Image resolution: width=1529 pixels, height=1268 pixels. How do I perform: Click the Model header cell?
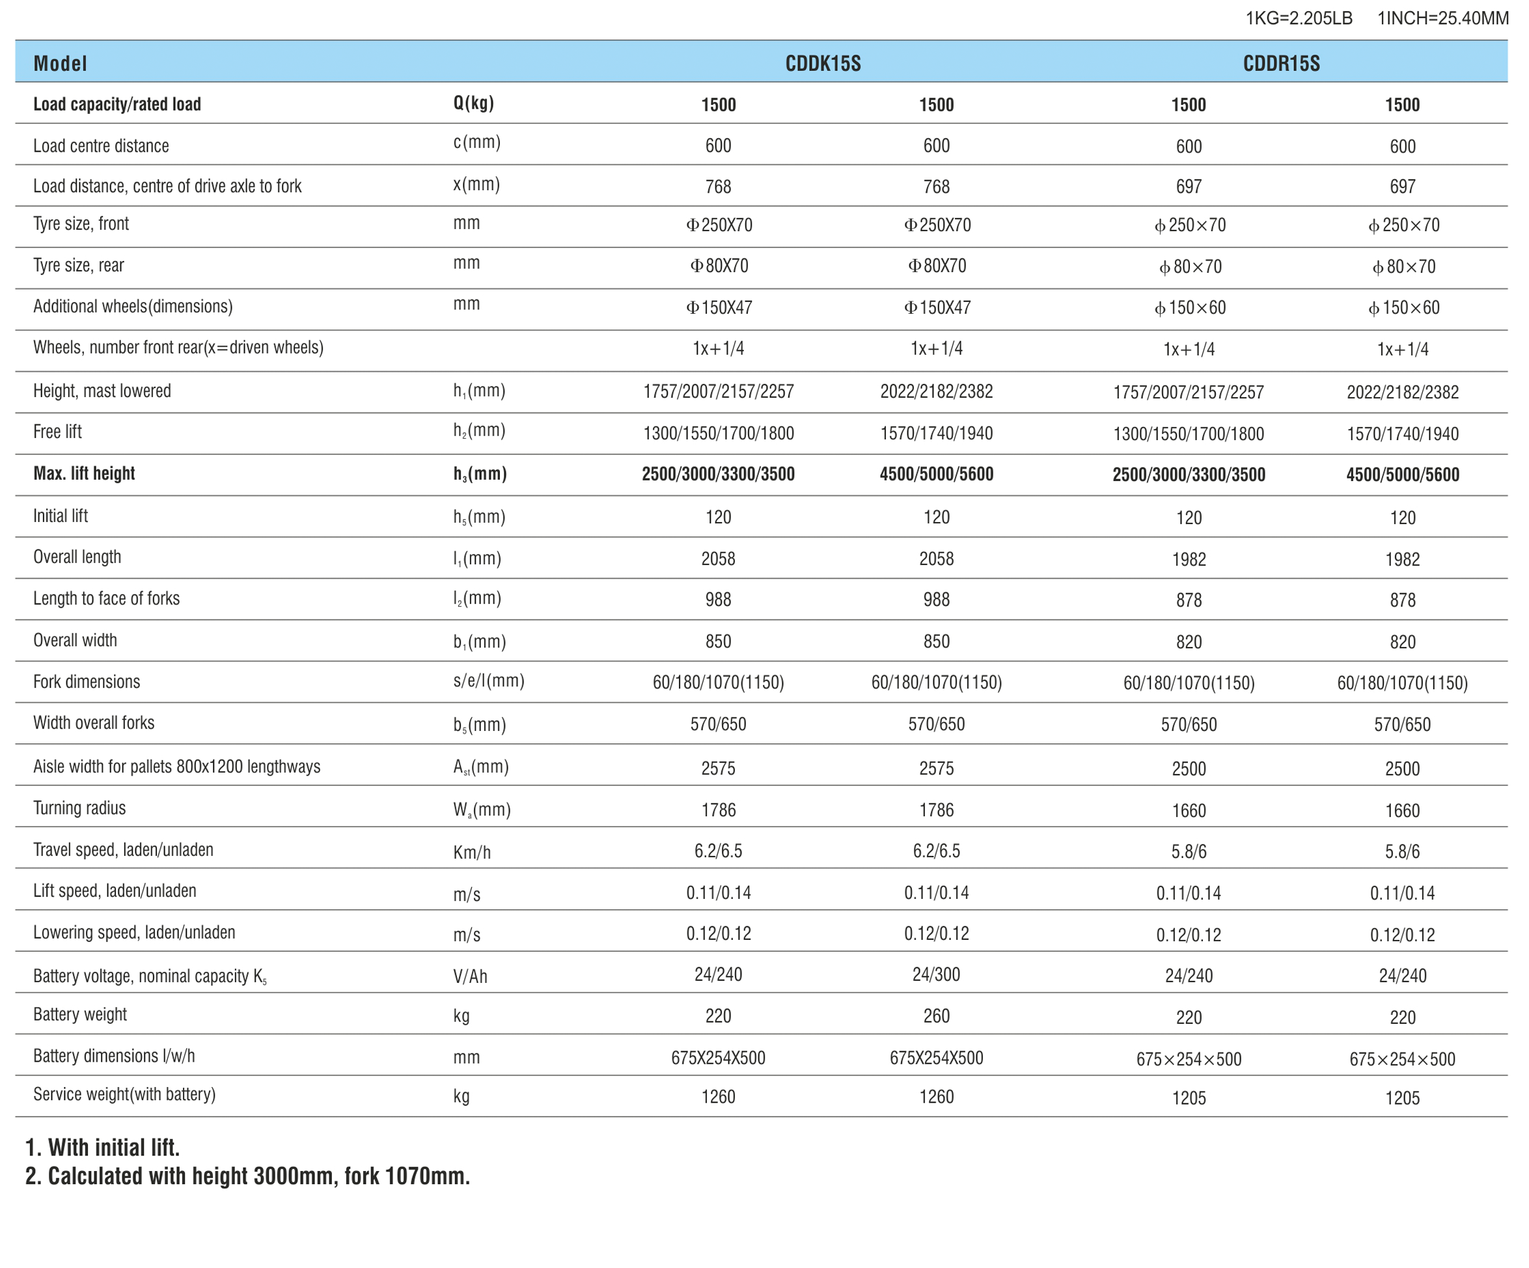click(60, 63)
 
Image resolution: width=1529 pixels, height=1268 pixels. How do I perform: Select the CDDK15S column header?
click(823, 63)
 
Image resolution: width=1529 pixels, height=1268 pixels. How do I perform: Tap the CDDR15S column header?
click(1281, 63)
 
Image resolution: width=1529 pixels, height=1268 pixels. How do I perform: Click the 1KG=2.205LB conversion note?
click(1299, 18)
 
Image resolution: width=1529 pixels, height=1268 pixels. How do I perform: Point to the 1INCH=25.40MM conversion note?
click(1442, 18)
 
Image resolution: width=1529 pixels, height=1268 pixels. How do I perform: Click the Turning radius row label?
click(79, 808)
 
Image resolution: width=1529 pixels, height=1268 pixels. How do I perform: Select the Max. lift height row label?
click(84, 473)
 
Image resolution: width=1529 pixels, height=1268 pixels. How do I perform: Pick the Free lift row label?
click(57, 432)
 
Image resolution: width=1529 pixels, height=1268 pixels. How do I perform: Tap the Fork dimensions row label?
click(87, 682)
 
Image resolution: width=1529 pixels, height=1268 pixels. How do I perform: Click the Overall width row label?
click(75, 640)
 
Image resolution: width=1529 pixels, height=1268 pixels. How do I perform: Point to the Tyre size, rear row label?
click(79, 265)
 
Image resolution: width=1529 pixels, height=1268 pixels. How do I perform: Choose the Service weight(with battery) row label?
click(124, 1094)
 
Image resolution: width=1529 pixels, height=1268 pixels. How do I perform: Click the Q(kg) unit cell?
click(473, 103)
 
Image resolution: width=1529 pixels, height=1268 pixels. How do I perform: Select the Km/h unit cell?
click(472, 851)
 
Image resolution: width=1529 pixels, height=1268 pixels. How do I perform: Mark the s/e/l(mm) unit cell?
click(489, 681)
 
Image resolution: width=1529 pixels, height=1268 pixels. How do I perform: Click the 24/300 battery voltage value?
click(936, 974)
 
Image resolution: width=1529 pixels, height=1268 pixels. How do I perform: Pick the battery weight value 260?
click(936, 1016)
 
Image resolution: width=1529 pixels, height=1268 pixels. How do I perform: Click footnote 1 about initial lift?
click(103, 1148)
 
